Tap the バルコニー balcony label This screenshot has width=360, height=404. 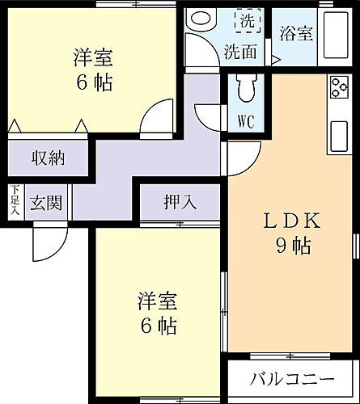[291, 378]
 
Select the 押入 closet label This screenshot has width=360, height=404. [180, 201]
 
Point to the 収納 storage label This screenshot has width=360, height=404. [48, 157]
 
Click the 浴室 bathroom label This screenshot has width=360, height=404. [295, 33]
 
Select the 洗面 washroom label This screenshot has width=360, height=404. [240, 52]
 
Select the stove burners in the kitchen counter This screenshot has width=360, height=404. [338, 86]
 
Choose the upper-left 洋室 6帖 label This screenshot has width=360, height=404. [93, 69]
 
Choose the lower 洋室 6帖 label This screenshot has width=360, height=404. [156, 314]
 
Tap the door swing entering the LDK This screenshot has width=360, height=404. [241, 158]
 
